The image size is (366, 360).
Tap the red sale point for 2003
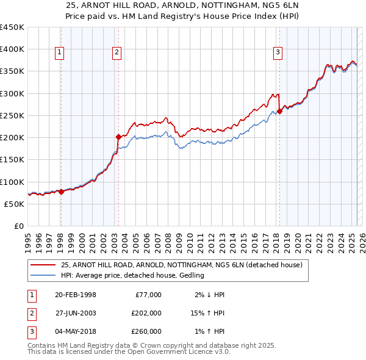click(x=118, y=137)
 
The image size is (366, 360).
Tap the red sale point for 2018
click(x=279, y=111)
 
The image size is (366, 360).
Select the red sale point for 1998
click(x=61, y=192)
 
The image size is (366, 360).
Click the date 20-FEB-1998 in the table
click(x=76, y=295)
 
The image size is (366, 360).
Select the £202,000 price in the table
click(x=146, y=313)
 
